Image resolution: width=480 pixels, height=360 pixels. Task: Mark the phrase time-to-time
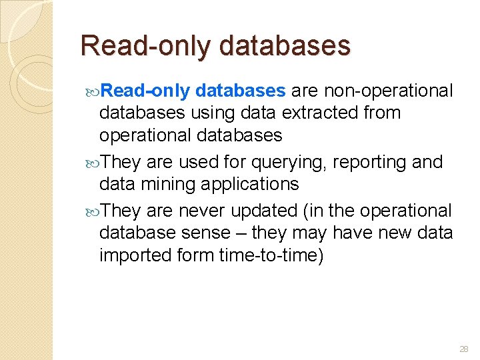[271, 255]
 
